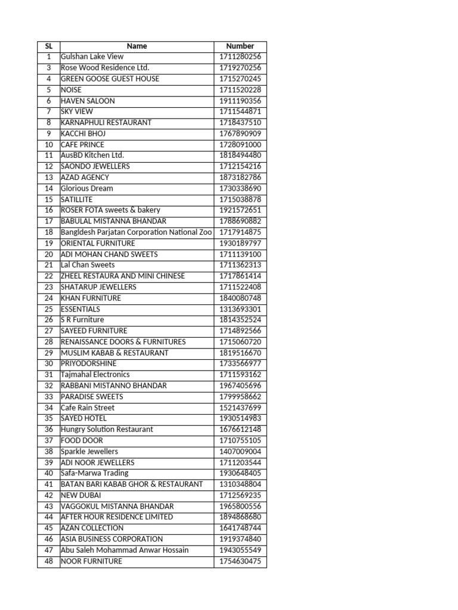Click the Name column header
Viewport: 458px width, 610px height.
click(x=137, y=46)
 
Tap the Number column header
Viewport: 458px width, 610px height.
click(x=240, y=46)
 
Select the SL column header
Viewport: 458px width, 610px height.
click(x=48, y=46)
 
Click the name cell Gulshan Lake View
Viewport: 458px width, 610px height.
click(x=92, y=57)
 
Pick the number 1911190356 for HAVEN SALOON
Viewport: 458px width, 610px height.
click(x=240, y=101)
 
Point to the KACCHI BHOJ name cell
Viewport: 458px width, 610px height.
click(x=83, y=133)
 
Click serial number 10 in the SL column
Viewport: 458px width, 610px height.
click(x=48, y=145)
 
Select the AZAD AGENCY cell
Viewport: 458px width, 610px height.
click(x=85, y=178)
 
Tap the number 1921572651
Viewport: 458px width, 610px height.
click(x=240, y=210)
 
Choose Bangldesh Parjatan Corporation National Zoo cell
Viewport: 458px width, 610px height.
click(x=136, y=232)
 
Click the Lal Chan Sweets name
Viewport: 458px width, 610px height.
click(x=88, y=265)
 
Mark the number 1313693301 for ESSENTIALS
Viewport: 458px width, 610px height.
click(x=240, y=309)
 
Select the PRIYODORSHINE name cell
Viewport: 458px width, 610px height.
click(x=89, y=363)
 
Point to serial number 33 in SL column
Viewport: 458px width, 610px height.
click(x=48, y=397)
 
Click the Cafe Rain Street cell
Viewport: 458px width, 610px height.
click(x=88, y=407)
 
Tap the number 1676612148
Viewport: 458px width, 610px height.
click(x=240, y=430)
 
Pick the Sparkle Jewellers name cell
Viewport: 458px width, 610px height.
click(x=89, y=452)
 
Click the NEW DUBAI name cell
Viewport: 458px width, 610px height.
click(x=81, y=495)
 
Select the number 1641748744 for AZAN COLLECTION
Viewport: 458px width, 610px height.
click(x=240, y=528)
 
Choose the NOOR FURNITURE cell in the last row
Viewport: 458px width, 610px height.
click(x=91, y=561)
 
